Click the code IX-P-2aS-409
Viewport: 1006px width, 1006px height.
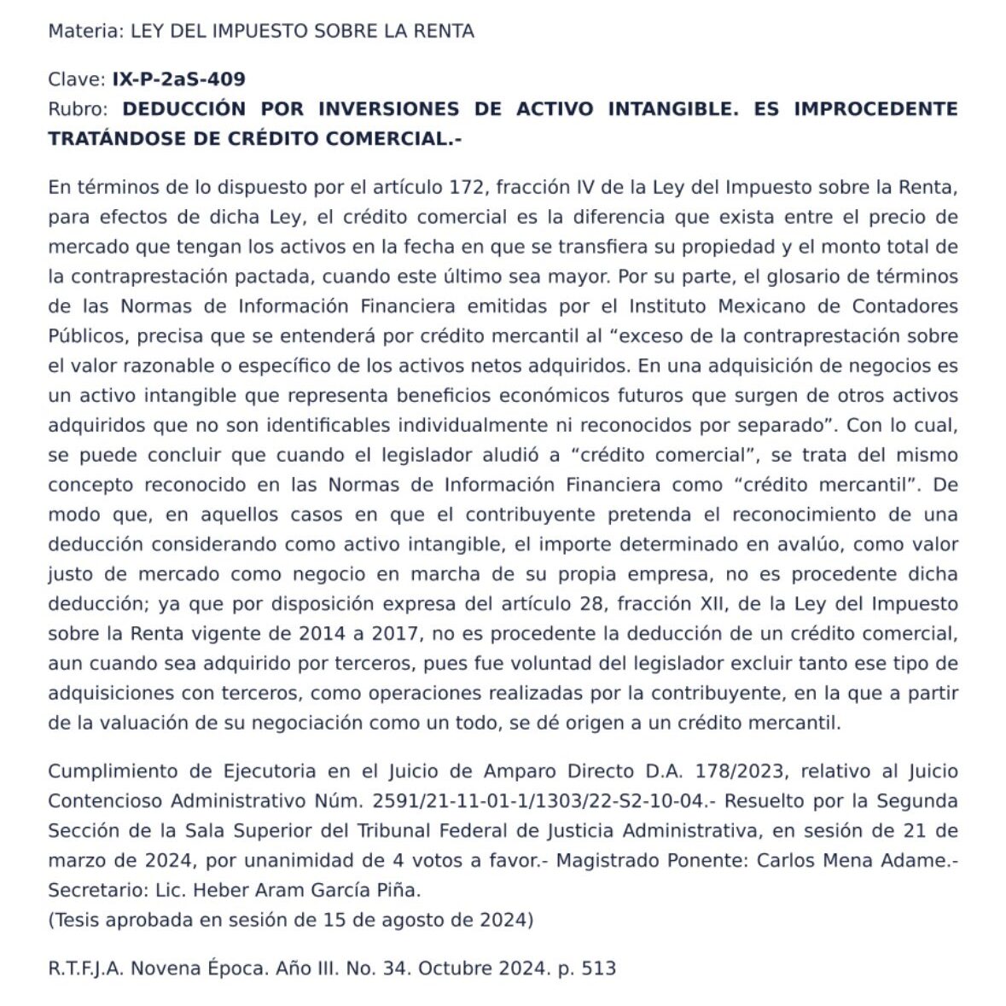(179, 79)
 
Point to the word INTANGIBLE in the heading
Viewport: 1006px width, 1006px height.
(671, 109)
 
